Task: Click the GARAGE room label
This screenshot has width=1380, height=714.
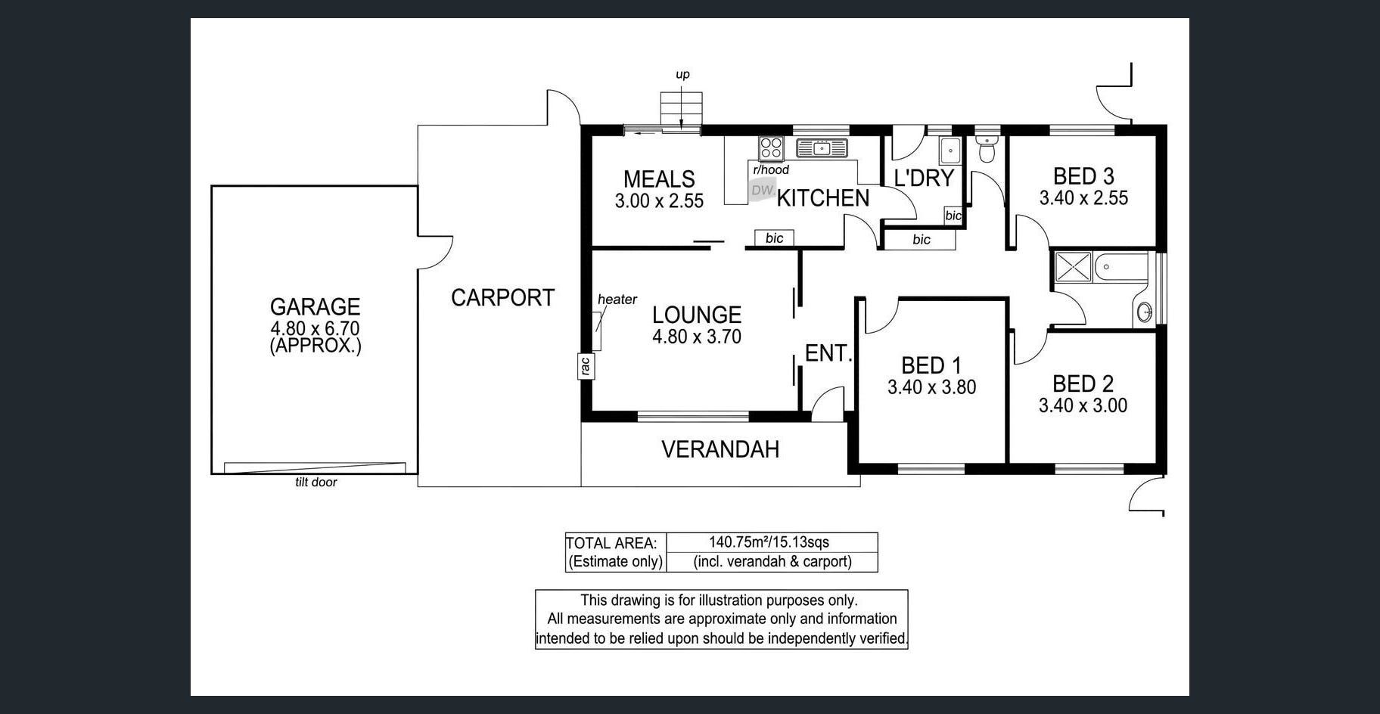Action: pos(315,306)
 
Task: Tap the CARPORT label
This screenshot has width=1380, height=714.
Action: pos(503,298)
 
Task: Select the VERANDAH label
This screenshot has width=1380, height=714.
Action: pos(720,449)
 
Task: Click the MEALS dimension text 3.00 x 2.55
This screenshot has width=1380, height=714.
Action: pos(659,201)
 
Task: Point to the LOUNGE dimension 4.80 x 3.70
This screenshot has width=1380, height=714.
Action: pos(697,337)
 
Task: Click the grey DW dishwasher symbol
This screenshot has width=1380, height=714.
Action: pos(762,191)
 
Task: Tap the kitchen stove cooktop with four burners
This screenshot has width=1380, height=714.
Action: pos(772,146)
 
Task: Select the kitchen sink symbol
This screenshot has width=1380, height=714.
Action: pos(822,147)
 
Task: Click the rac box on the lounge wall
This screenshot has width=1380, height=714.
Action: pos(585,366)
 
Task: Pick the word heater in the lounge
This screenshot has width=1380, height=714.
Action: pos(617,300)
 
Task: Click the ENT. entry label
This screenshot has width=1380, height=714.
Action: pos(828,353)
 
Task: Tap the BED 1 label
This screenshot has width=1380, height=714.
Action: pos(931,366)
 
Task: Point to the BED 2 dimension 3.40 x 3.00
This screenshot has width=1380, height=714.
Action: pos(1083,405)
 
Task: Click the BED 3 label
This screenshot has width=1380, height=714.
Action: pos(1083,176)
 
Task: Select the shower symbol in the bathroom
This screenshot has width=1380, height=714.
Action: pos(1073,268)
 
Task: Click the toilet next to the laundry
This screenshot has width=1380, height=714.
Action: pos(986,149)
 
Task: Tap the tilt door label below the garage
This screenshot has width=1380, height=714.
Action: pos(316,483)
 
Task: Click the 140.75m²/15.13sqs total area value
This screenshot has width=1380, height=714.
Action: pos(769,542)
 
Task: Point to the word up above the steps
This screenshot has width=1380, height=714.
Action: pos(682,75)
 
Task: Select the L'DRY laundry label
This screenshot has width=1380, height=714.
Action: pos(924,178)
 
